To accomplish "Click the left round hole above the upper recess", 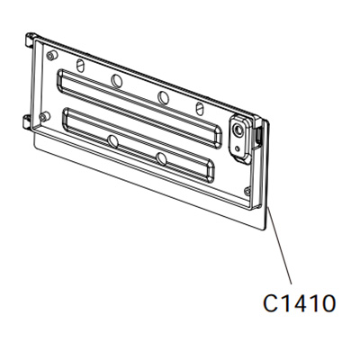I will (x=117, y=80).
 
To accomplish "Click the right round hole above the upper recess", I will (x=162, y=96).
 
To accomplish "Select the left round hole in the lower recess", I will (x=112, y=142).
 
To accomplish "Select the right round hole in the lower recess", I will (x=162, y=158).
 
